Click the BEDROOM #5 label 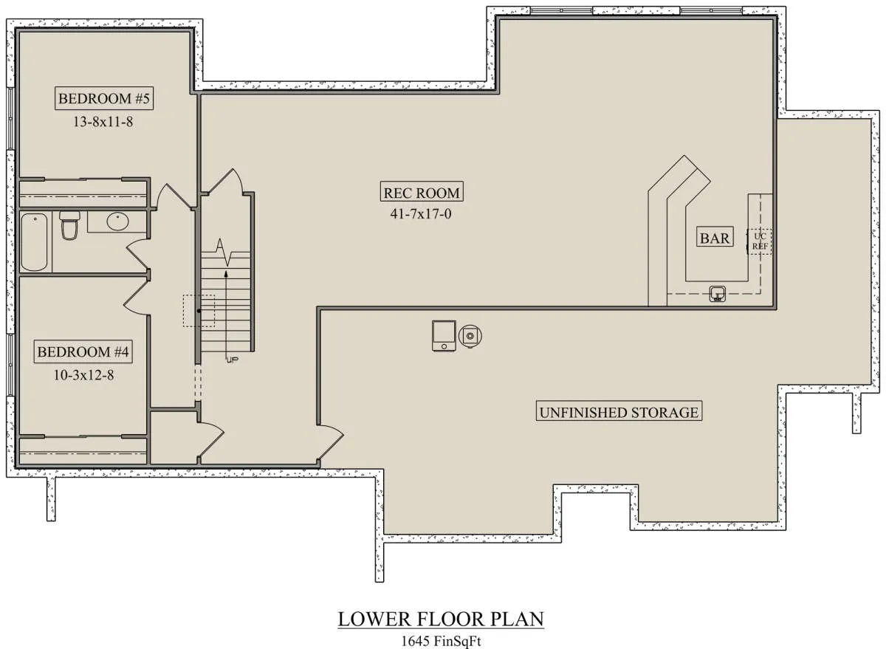(x=104, y=98)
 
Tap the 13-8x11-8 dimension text (x=103, y=122)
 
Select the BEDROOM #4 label (x=83, y=351)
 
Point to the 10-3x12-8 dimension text (x=83, y=375)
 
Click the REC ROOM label (x=422, y=193)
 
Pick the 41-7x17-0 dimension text (x=421, y=214)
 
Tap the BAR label (x=715, y=238)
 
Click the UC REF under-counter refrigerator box (x=760, y=241)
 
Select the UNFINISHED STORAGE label (x=619, y=413)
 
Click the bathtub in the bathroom (x=34, y=242)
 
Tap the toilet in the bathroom (x=69, y=225)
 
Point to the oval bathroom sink (x=118, y=222)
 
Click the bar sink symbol (x=718, y=293)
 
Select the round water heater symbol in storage (x=470, y=336)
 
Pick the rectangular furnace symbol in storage (x=444, y=336)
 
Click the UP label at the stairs (x=233, y=360)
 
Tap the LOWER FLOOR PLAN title (x=441, y=619)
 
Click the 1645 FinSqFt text (x=441, y=641)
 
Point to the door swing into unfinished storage (x=332, y=443)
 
